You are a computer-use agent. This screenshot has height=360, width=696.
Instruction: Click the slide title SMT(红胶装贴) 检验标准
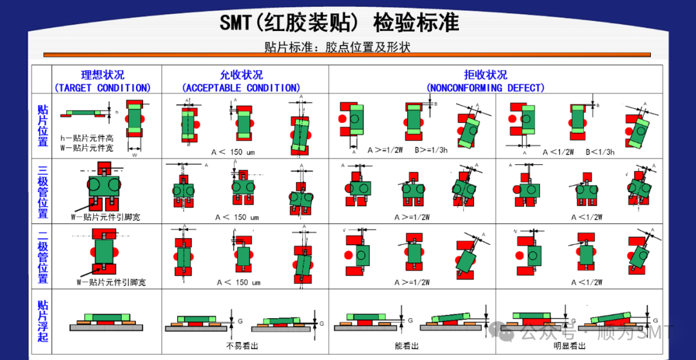339,23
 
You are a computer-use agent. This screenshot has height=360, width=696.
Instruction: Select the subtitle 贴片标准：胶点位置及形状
337,47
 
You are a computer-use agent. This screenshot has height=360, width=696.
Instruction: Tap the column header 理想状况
102,75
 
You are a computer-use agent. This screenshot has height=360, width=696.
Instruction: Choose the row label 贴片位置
43,125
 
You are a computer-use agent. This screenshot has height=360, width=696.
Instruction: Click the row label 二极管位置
43,256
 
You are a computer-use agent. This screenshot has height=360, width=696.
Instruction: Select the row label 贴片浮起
43,321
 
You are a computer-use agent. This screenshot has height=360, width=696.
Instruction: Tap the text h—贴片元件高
87,138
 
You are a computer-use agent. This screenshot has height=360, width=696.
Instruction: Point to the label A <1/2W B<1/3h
579,152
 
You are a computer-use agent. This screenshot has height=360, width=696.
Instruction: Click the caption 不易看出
242,346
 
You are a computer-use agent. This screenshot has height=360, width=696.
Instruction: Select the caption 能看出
408,346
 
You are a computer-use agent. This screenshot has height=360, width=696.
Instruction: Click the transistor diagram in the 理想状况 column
104,187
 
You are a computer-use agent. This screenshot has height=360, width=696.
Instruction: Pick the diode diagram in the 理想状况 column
103,251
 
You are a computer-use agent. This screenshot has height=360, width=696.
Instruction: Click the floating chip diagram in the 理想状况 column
104,321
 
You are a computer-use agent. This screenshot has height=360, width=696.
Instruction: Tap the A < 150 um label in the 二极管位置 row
238,283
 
